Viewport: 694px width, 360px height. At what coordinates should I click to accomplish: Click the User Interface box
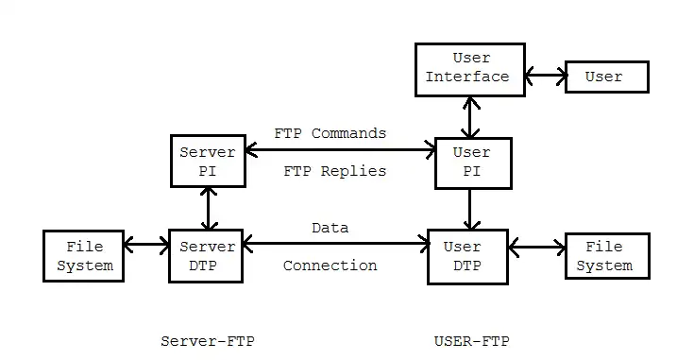(470, 69)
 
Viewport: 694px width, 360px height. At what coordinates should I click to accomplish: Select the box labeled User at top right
(605, 77)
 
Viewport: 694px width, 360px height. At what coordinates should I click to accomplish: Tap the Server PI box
(207, 161)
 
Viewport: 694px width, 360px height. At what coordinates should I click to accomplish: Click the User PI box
(472, 163)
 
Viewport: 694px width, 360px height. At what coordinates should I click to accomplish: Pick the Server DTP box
(207, 255)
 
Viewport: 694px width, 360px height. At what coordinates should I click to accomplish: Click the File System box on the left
(85, 255)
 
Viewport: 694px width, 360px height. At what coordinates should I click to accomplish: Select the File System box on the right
(606, 255)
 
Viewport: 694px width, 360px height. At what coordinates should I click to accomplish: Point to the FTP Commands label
(330, 133)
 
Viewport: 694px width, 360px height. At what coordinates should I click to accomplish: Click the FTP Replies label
(334, 171)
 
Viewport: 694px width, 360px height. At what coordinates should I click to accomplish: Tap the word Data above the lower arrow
(330, 228)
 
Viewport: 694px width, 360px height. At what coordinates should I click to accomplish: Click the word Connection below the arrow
(330, 266)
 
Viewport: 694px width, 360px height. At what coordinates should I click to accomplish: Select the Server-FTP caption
(208, 340)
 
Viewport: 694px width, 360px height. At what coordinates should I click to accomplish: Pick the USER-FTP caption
(469, 340)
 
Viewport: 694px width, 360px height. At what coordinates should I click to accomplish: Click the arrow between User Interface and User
(545, 77)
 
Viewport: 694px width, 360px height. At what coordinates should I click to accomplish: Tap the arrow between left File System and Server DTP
(146, 246)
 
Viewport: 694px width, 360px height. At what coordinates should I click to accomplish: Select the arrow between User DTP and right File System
(536, 248)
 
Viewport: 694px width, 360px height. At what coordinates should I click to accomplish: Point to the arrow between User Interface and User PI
(465, 117)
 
